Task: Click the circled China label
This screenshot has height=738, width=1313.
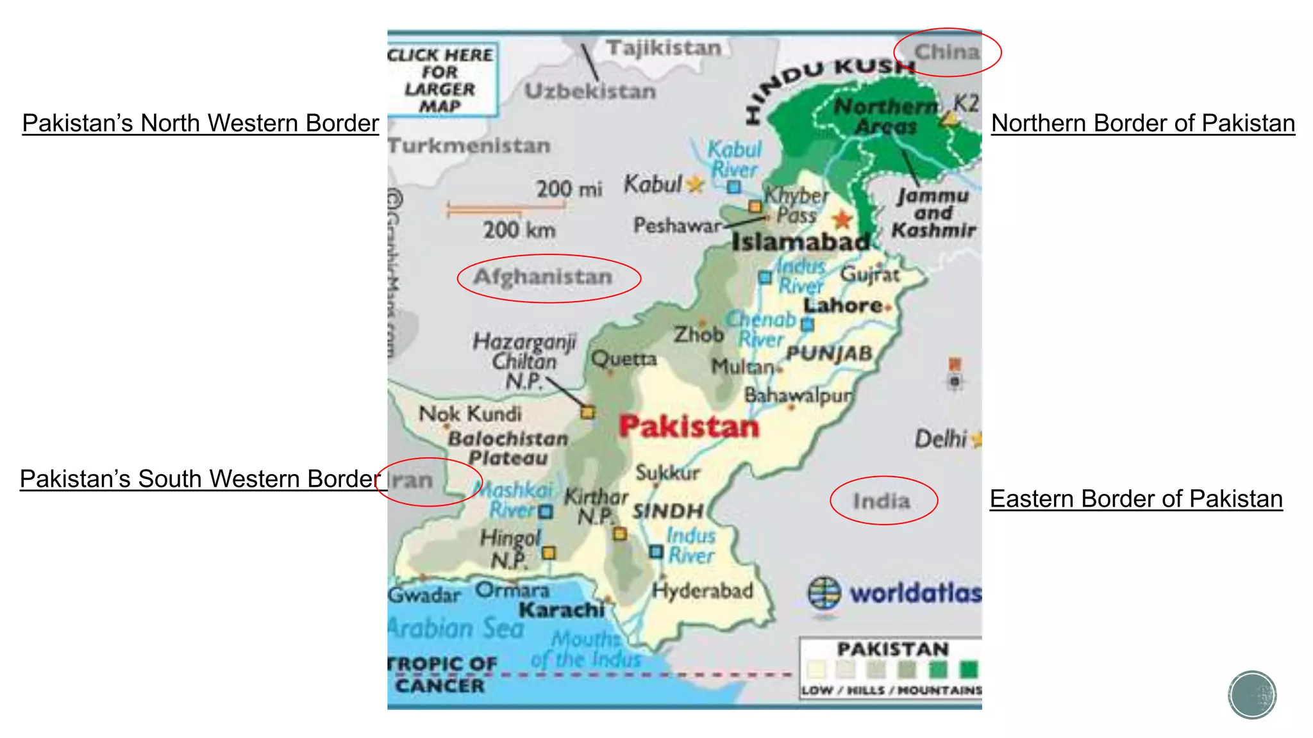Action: (947, 52)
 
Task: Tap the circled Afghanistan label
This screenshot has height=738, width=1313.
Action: (543, 277)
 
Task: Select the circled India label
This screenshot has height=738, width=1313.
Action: (882, 501)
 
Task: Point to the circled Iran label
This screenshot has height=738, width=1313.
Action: (412, 480)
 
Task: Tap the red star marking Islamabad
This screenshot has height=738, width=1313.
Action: (842, 220)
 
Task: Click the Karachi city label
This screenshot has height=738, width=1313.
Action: (562, 609)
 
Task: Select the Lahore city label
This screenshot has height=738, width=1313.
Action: (843, 306)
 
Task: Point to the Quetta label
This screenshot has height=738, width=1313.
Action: (624, 358)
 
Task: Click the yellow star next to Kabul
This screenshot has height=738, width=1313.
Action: (694, 185)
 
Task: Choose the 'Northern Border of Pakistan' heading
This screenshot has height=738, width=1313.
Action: (1142, 123)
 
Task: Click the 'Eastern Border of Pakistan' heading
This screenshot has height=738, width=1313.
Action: (1135, 498)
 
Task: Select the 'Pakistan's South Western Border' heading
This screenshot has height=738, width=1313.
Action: (200, 479)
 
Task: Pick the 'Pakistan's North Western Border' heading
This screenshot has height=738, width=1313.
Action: (200, 123)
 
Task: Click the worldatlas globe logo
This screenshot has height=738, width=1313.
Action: (824, 593)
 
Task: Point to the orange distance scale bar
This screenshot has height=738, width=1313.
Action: (506, 208)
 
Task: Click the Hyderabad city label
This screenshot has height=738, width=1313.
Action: (702, 590)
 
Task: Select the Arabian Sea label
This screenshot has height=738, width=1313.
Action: (456, 627)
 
